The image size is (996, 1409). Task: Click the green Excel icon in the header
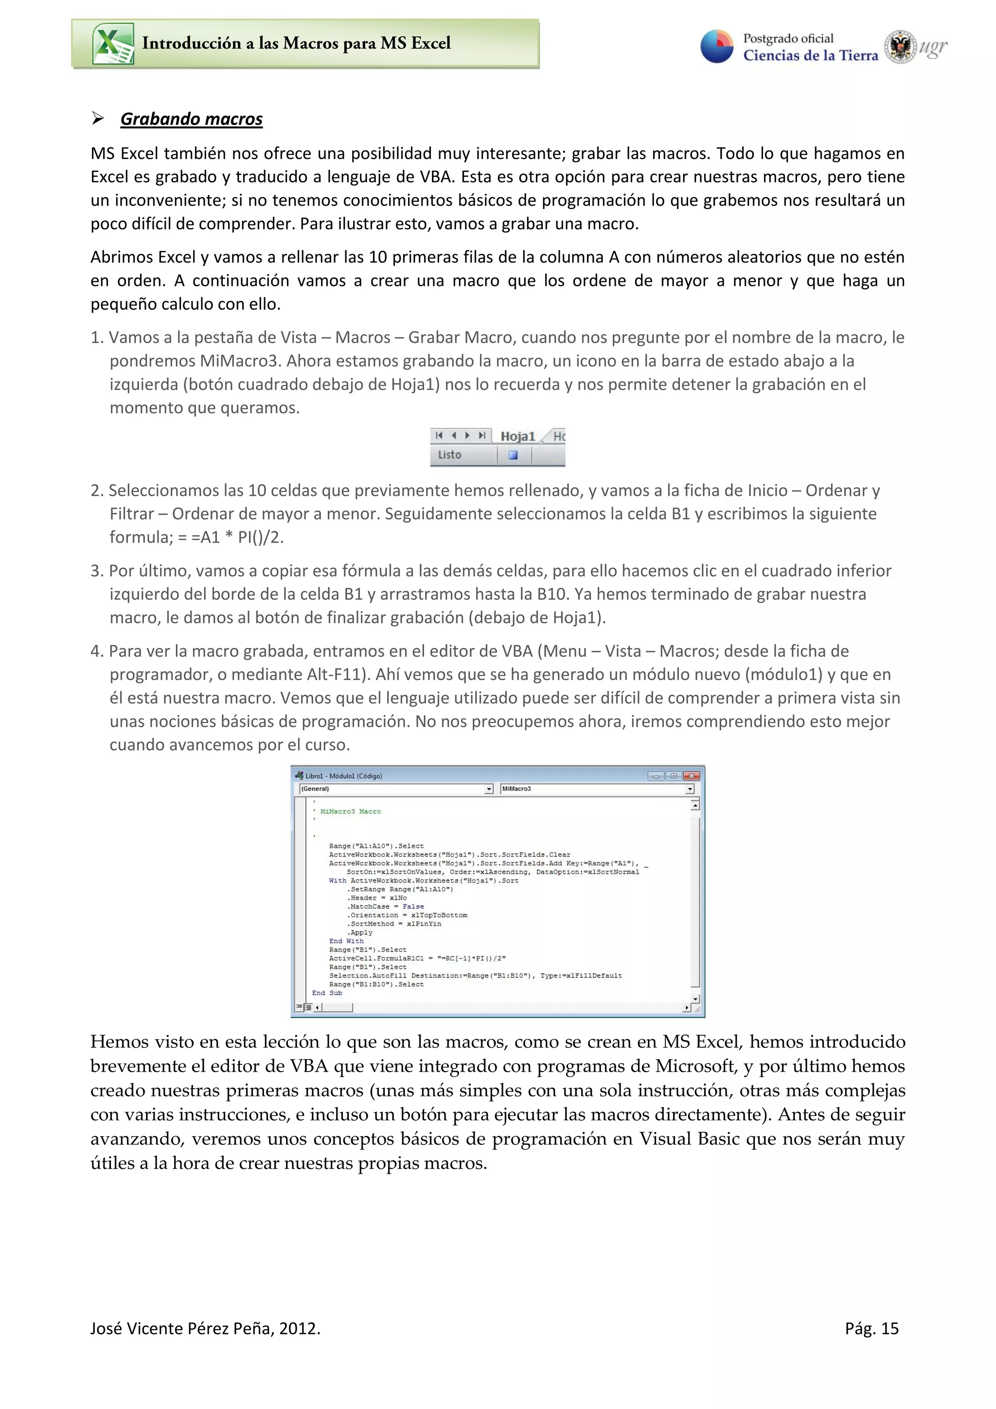tap(113, 44)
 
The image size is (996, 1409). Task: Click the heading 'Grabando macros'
tap(192, 119)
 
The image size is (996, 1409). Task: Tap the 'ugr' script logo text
tap(933, 47)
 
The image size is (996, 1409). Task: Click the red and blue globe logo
tap(717, 47)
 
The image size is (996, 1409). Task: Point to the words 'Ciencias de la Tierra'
tap(811, 56)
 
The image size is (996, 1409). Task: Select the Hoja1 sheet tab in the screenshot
tap(517, 436)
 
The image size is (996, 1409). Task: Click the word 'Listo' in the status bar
tap(449, 455)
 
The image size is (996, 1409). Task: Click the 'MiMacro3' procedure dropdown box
tap(592, 789)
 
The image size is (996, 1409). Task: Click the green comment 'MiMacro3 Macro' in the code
tap(351, 811)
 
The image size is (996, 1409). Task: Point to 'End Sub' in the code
tap(327, 992)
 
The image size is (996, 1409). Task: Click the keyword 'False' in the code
tap(413, 906)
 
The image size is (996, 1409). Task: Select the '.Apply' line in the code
tap(361, 932)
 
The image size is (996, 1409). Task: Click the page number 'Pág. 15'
tap(871, 1329)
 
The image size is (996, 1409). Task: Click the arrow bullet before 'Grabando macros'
tap(98, 119)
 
